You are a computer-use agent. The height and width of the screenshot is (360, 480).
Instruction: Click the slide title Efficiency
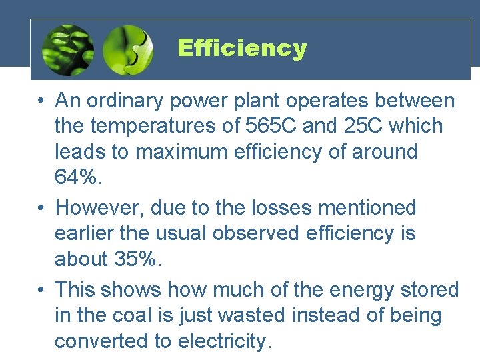(242, 48)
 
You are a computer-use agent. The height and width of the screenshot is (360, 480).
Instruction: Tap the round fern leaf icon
(67, 50)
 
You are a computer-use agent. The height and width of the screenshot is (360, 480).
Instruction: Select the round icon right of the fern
(128, 50)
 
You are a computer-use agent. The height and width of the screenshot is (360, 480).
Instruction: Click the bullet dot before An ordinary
(41, 101)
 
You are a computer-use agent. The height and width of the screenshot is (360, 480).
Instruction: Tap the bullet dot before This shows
(41, 290)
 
